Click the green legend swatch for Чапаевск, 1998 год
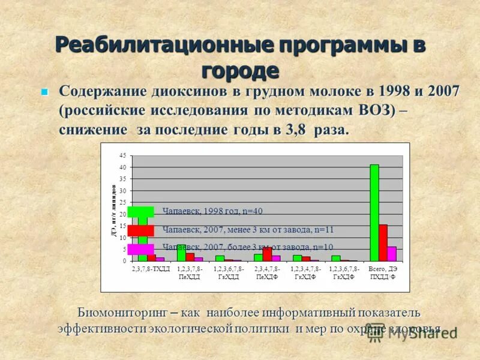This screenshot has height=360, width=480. click(x=141, y=211)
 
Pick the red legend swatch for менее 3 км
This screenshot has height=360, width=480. click(x=141, y=230)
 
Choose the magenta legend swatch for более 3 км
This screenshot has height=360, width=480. click(x=141, y=247)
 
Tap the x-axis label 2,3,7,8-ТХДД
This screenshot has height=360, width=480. click(x=151, y=269)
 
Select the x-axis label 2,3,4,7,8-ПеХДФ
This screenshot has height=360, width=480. click(x=268, y=273)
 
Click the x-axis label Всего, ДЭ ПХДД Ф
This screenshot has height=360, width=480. click(x=383, y=273)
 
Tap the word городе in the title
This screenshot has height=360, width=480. click(x=240, y=70)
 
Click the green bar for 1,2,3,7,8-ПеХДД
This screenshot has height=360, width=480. click(x=181, y=253)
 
